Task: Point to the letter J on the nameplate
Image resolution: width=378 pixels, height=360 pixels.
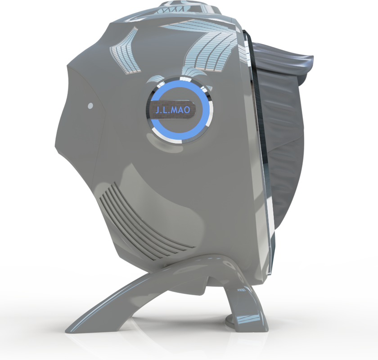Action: point(157,110)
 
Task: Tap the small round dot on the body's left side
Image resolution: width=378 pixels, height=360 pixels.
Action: point(90,105)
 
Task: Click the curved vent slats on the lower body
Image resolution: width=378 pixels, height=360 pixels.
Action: point(144,224)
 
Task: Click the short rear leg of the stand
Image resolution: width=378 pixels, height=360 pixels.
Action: point(243,304)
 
